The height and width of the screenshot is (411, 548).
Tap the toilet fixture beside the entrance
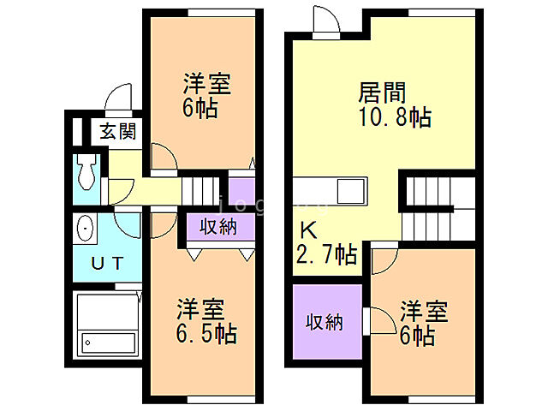(86, 174)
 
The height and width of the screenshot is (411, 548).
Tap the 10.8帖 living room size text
(394, 116)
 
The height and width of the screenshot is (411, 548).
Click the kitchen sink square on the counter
(352, 190)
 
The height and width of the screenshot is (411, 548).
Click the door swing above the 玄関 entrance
(119, 98)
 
